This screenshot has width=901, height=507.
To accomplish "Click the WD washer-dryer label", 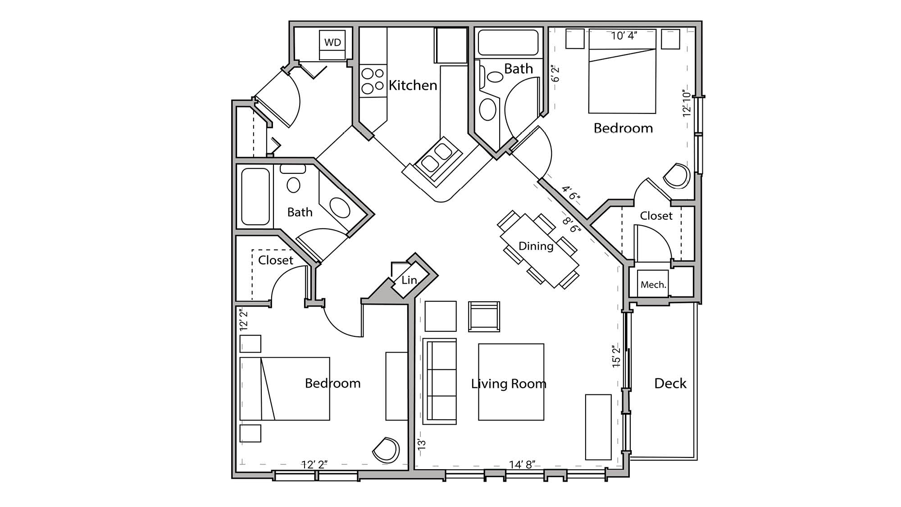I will pos(332,42).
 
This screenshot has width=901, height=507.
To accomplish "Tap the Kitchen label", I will pos(413,85).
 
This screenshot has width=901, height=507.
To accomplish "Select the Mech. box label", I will pos(653,285).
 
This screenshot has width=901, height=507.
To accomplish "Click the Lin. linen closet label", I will pos(409,280).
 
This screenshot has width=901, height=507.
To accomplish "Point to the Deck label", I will pos(670,383).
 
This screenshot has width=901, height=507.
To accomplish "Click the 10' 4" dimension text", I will pos(623,36).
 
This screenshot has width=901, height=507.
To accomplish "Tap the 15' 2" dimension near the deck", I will pos(616,356).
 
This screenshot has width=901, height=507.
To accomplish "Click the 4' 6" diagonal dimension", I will pos(571,193).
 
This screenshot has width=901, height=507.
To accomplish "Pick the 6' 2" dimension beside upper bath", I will pos(555,73).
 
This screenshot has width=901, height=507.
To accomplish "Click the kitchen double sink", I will pos(437,158).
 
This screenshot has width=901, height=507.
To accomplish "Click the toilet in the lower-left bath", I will pos(293,185).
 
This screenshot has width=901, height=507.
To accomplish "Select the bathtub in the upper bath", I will pos(508,42).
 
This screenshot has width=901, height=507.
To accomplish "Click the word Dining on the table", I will pos(536,246).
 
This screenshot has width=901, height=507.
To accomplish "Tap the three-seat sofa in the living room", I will pos(440,381).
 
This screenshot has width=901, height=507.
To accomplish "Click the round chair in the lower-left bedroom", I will pos(387,449).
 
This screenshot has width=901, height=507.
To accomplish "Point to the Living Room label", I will pos(509,384).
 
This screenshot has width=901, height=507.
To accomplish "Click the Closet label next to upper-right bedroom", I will pos(656,216).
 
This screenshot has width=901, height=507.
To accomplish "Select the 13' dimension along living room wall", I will pos(422,444).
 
